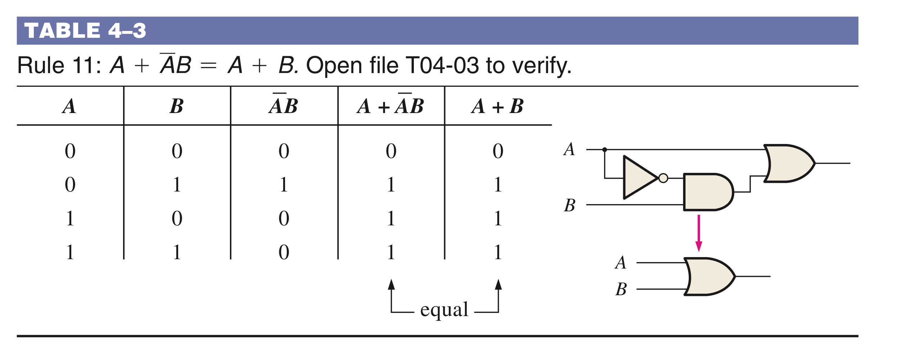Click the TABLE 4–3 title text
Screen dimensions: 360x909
click(85, 31)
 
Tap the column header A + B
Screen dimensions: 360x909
click(497, 107)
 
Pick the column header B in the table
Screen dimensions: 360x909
click(177, 107)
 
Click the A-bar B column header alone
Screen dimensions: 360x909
click(284, 106)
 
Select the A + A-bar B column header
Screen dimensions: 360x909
click(391, 106)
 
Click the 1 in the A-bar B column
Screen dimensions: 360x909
click(284, 185)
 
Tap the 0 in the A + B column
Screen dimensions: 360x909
click(498, 151)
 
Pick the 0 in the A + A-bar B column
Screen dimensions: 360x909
click(391, 151)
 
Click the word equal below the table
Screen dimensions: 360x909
click(444, 309)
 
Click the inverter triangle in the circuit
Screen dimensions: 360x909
click(639, 177)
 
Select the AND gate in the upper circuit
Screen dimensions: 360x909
click(707, 192)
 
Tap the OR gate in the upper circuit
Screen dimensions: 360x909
click(788, 163)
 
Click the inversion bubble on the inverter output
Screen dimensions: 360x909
click(663, 178)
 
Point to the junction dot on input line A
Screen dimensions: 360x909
click(605, 149)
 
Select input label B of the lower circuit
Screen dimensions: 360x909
click(621, 289)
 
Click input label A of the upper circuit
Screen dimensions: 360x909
click(569, 149)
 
